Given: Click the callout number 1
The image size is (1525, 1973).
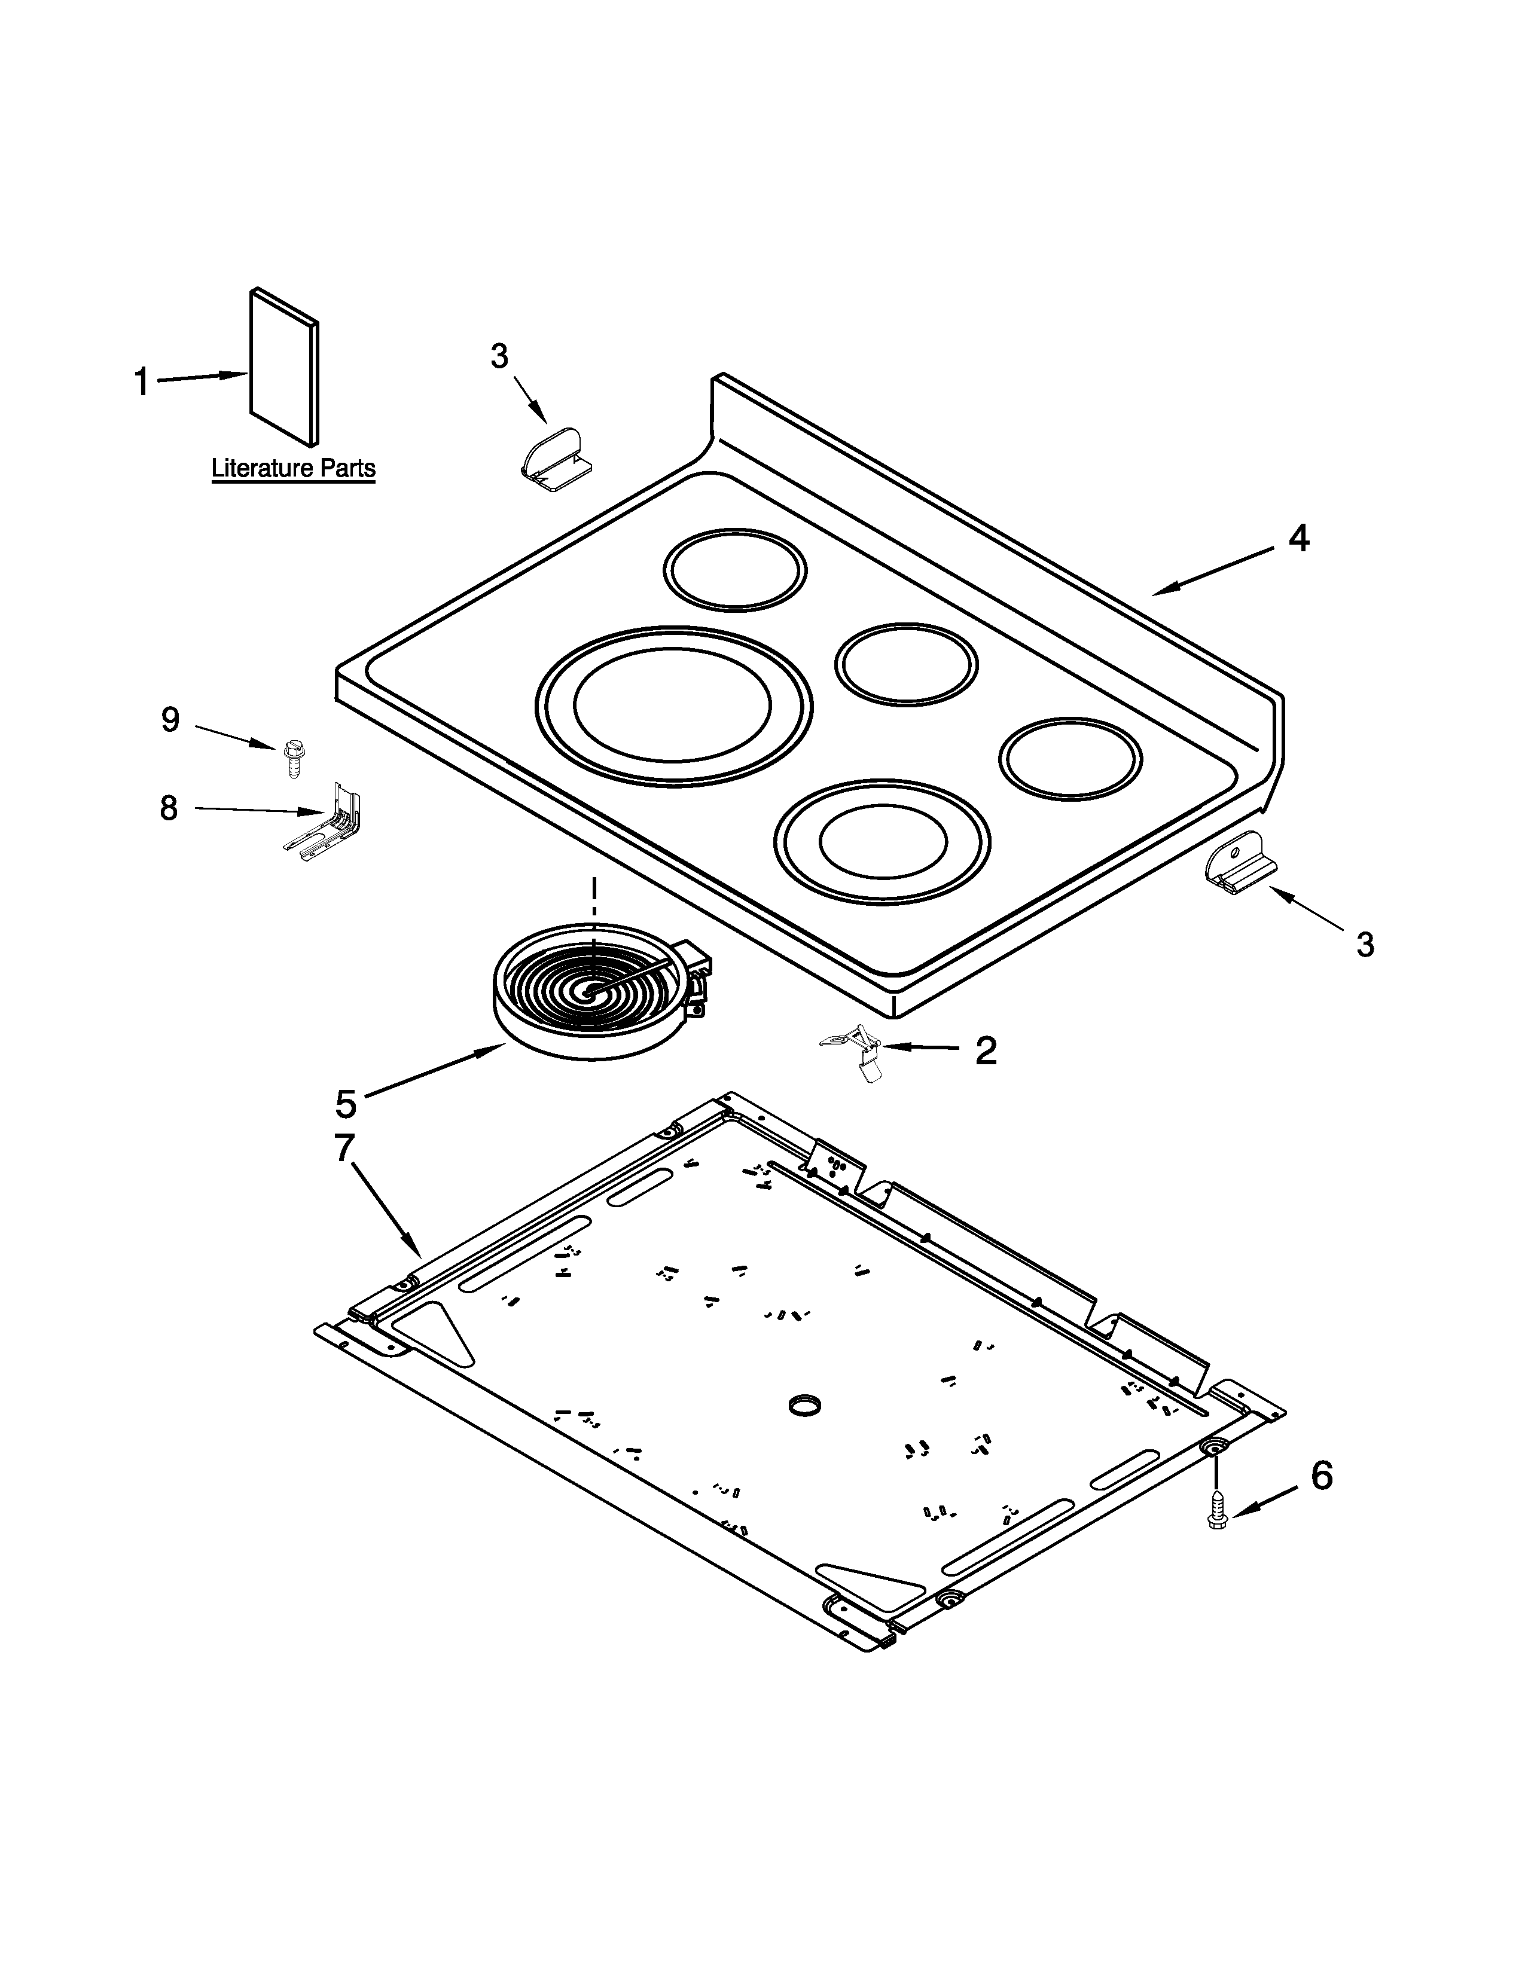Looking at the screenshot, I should click(x=142, y=382).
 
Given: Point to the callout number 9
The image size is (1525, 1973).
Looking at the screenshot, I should click(x=170, y=720).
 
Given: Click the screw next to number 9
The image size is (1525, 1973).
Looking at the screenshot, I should click(x=292, y=757).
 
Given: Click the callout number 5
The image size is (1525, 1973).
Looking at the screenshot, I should click(x=346, y=1103).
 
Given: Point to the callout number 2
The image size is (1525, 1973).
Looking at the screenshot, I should click(x=986, y=1050).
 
